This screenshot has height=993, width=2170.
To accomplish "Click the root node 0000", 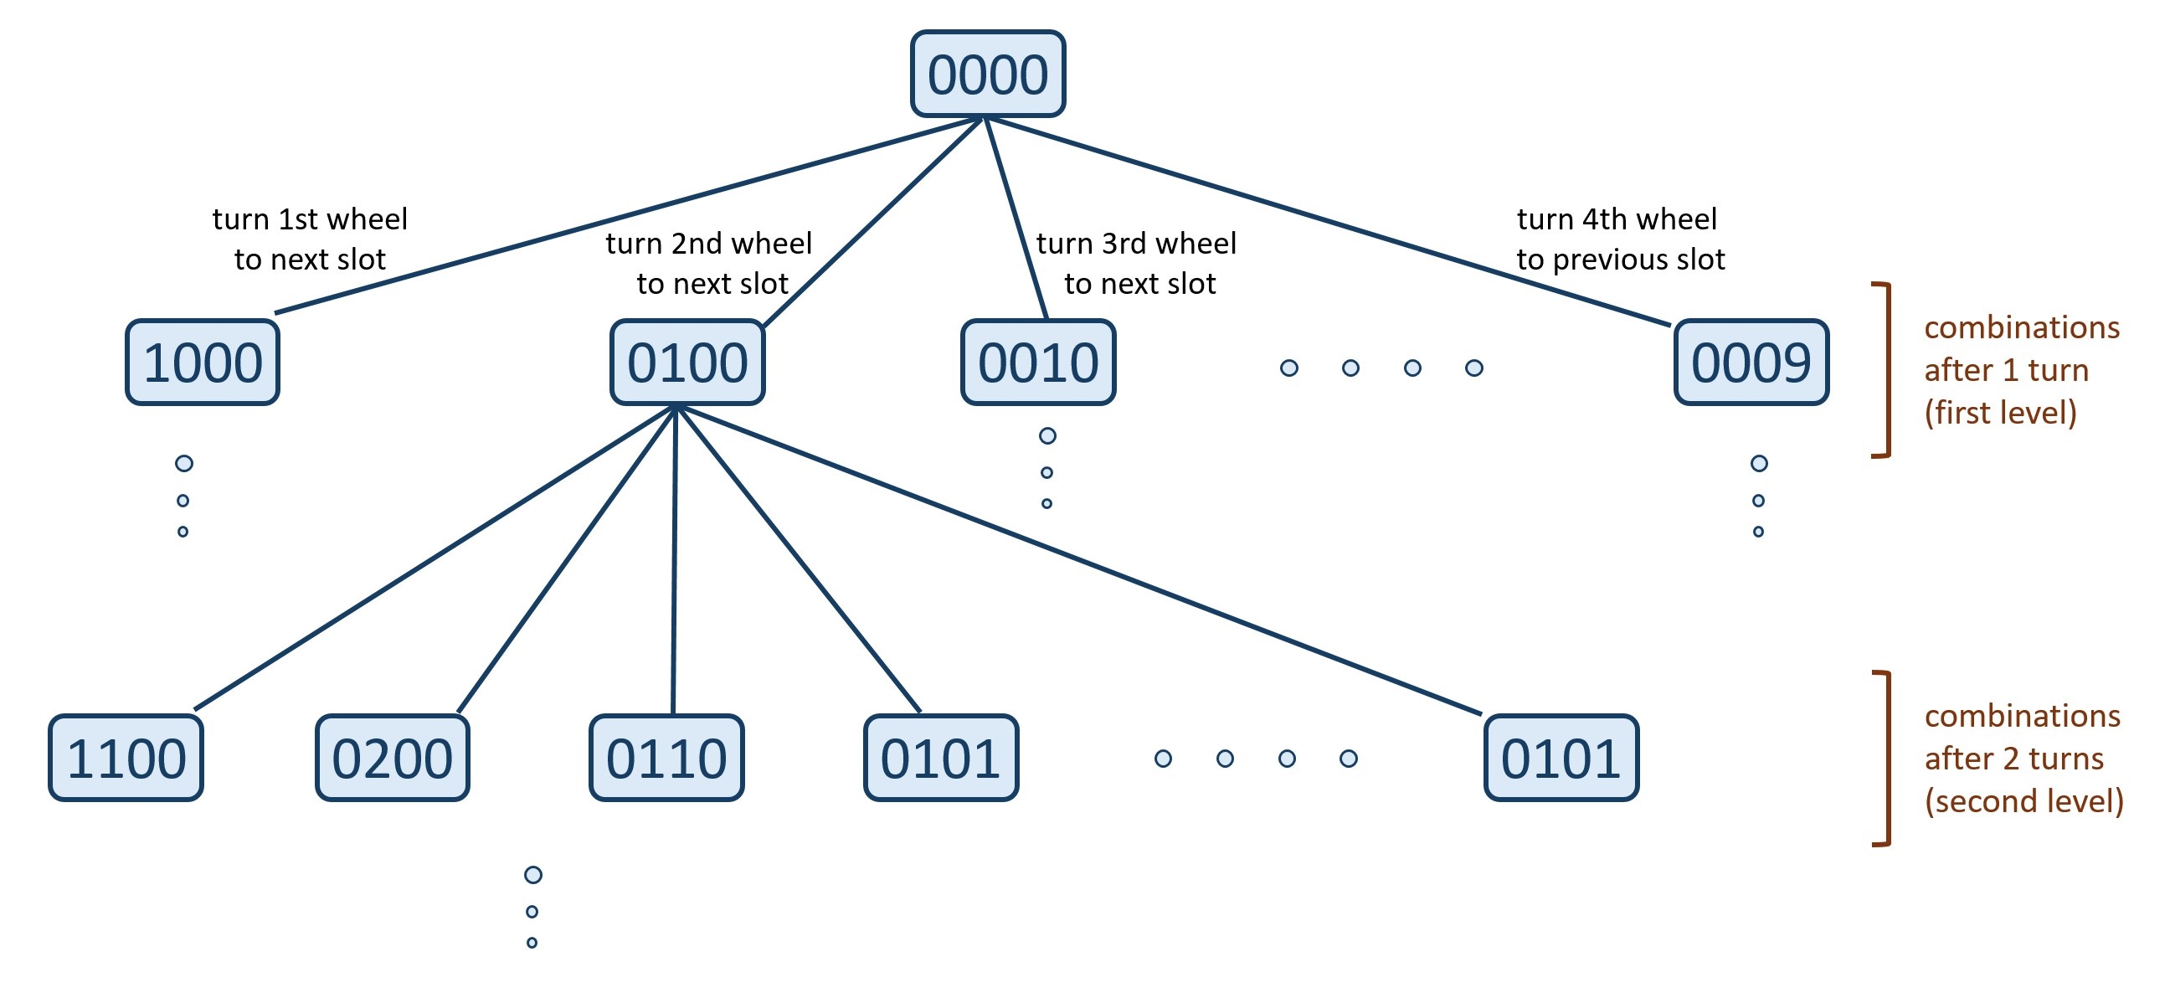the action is tap(987, 75).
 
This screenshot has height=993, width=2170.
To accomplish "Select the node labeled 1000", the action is tap(202, 363).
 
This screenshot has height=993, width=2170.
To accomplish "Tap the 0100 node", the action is tap(687, 363).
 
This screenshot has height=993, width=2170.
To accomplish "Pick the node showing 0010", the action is tap(1038, 363).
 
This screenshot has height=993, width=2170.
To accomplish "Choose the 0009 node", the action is tap(1751, 363).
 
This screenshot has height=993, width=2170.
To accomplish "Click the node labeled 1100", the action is tap(126, 758).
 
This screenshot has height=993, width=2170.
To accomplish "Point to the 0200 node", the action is tap(393, 758).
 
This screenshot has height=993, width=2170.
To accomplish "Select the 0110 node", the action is tap(666, 758).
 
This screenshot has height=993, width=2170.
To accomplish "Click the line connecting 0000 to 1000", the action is tap(630, 216).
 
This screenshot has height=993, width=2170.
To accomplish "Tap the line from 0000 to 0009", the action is tap(1328, 221).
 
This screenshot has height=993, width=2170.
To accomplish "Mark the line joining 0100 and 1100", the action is tap(435, 558).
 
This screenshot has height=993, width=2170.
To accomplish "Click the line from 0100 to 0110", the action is tap(674, 560).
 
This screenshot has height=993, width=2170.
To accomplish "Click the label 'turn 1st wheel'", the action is tap(310, 219).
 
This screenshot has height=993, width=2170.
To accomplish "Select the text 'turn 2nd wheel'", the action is tap(708, 244).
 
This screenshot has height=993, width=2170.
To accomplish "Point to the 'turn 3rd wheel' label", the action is tap(1136, 244).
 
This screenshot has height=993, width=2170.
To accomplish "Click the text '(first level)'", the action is tap(2001, 413).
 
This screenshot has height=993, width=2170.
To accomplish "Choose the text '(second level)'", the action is tap(2024, 801).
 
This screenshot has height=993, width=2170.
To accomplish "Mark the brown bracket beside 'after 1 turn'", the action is tap(1888, 371).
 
